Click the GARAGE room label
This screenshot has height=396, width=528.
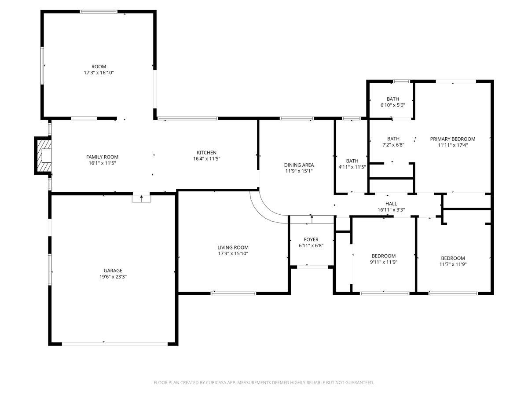click(113, 271)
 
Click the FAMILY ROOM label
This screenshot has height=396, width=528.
click(102, 157)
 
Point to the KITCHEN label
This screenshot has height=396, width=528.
click(206, 153)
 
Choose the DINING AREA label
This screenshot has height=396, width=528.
click(299, 165)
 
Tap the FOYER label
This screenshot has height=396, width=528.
click(311, 239)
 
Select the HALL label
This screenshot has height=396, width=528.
click(391, 204)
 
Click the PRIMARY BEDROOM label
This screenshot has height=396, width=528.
click(452, 139)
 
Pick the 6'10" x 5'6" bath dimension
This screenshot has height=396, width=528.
click(392, 105)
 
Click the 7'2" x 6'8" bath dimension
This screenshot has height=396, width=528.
click(393, 144)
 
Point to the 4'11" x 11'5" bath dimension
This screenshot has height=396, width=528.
click(352, 167)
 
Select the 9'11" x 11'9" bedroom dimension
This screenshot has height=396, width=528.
click(383, 262)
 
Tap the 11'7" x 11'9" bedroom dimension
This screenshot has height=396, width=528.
click(453, 264)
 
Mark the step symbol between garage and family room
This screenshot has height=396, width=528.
click(141, 198)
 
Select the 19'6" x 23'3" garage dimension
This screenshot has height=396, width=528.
click(113, 277)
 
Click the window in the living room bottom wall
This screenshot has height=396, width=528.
click(233, 293)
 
